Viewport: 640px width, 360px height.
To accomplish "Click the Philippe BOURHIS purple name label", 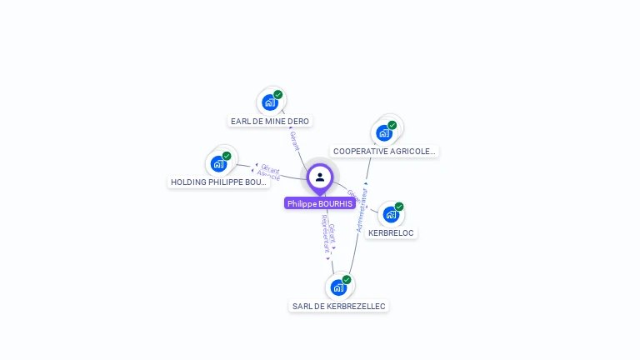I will (x=320, y=203).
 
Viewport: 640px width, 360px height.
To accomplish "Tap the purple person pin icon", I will (x=320, y=177).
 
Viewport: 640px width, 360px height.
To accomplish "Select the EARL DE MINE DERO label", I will (x=270, y=122).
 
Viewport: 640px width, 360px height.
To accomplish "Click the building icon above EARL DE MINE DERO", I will (x=269, y=102).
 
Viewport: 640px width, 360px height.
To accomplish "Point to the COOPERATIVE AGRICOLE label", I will (x=384, y=152).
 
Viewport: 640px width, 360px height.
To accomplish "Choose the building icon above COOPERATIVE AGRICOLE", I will (x=384, y=132).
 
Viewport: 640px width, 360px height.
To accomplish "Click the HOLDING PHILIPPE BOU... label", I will (x=219, y=182).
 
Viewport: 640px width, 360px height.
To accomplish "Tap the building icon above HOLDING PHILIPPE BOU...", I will (x=219, y=163).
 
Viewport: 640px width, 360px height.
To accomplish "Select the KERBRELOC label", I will (x=391, y=233).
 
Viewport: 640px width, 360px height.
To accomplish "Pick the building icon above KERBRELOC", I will (x=391, y=214).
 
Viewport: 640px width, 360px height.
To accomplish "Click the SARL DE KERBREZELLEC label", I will (x=338, y=307).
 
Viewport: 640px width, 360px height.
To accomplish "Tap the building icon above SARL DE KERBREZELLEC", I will (x=338, y=287).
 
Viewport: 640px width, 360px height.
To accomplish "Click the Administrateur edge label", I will (x=362, y=208).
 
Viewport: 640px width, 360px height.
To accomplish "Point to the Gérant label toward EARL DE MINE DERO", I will (x=294, y=139).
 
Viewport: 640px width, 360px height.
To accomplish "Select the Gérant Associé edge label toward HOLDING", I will (x=268, y=172).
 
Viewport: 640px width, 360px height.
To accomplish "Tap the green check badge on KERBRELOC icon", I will (x=399, y=206).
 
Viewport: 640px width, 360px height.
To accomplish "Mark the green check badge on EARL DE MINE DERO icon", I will (x=277, y=94).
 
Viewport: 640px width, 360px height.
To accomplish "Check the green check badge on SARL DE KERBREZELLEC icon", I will (x=347, y=279).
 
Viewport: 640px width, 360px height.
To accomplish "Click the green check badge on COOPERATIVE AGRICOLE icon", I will (x=392, y=125).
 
